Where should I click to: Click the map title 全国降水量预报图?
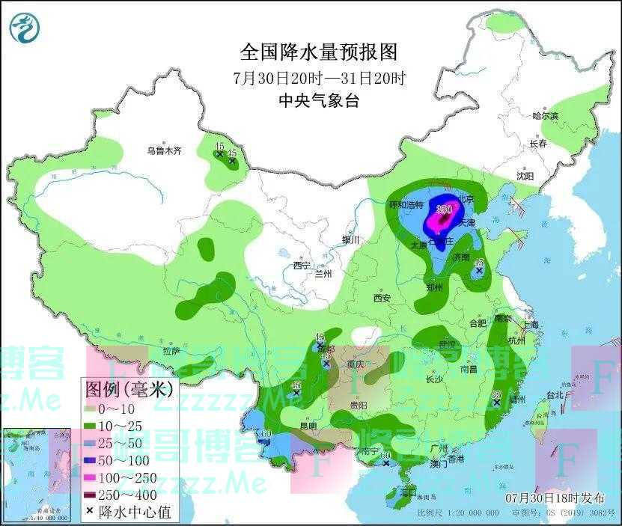[x=318, y=52]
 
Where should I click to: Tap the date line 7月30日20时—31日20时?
[x=319, y=78]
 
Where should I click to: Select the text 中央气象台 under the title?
[x=318, y=101]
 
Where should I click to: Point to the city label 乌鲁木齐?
[x=164, y=151]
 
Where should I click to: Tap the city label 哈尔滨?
[x=545, y=116]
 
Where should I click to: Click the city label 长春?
[x=538, y=143]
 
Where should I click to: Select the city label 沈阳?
[x=525, y=176]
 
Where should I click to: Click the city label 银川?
[x=351, y=240]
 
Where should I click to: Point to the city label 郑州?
[x=433, y=287]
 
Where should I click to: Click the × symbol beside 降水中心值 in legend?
[x=91, y=513]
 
